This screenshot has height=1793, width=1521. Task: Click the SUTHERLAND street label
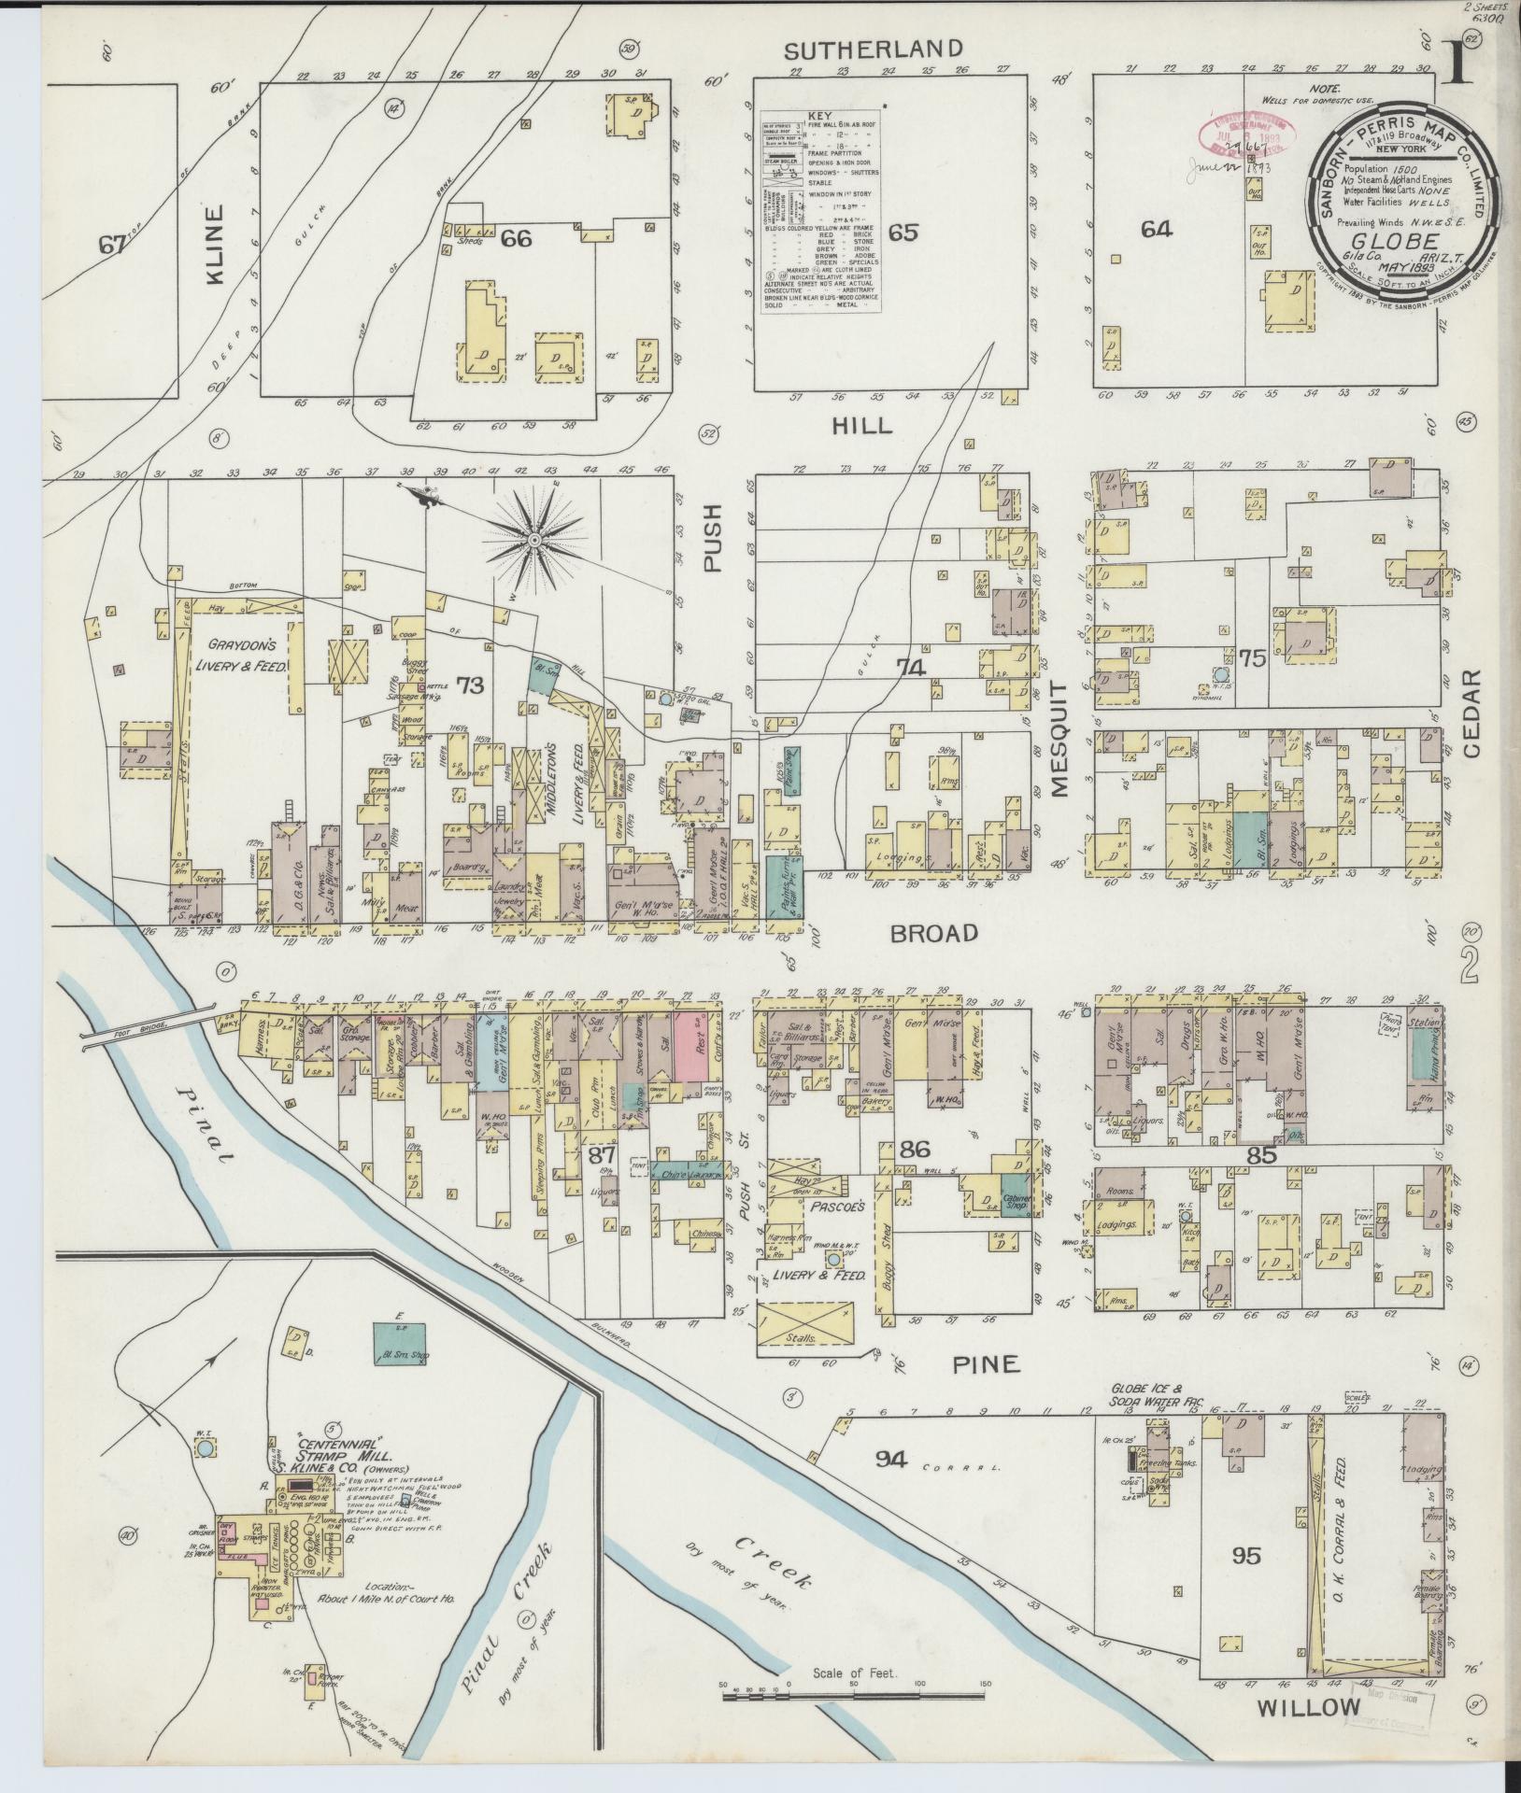click(873, 49)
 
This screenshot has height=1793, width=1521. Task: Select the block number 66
click(516, 239)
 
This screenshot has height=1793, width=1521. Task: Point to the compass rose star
click(534, 540)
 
